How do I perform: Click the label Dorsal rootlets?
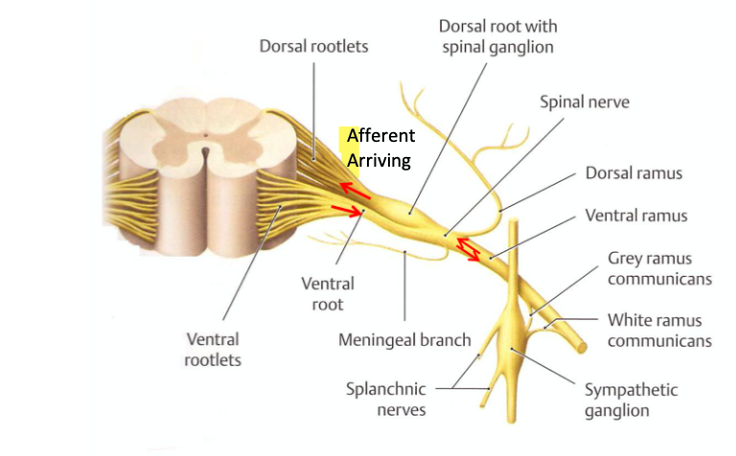313,46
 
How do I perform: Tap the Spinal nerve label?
584,101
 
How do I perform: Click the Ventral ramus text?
636,216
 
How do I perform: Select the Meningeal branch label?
404,339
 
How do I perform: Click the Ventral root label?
328,293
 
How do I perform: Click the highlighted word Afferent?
380,136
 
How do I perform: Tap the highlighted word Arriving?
379,160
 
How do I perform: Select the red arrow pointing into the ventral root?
346,210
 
